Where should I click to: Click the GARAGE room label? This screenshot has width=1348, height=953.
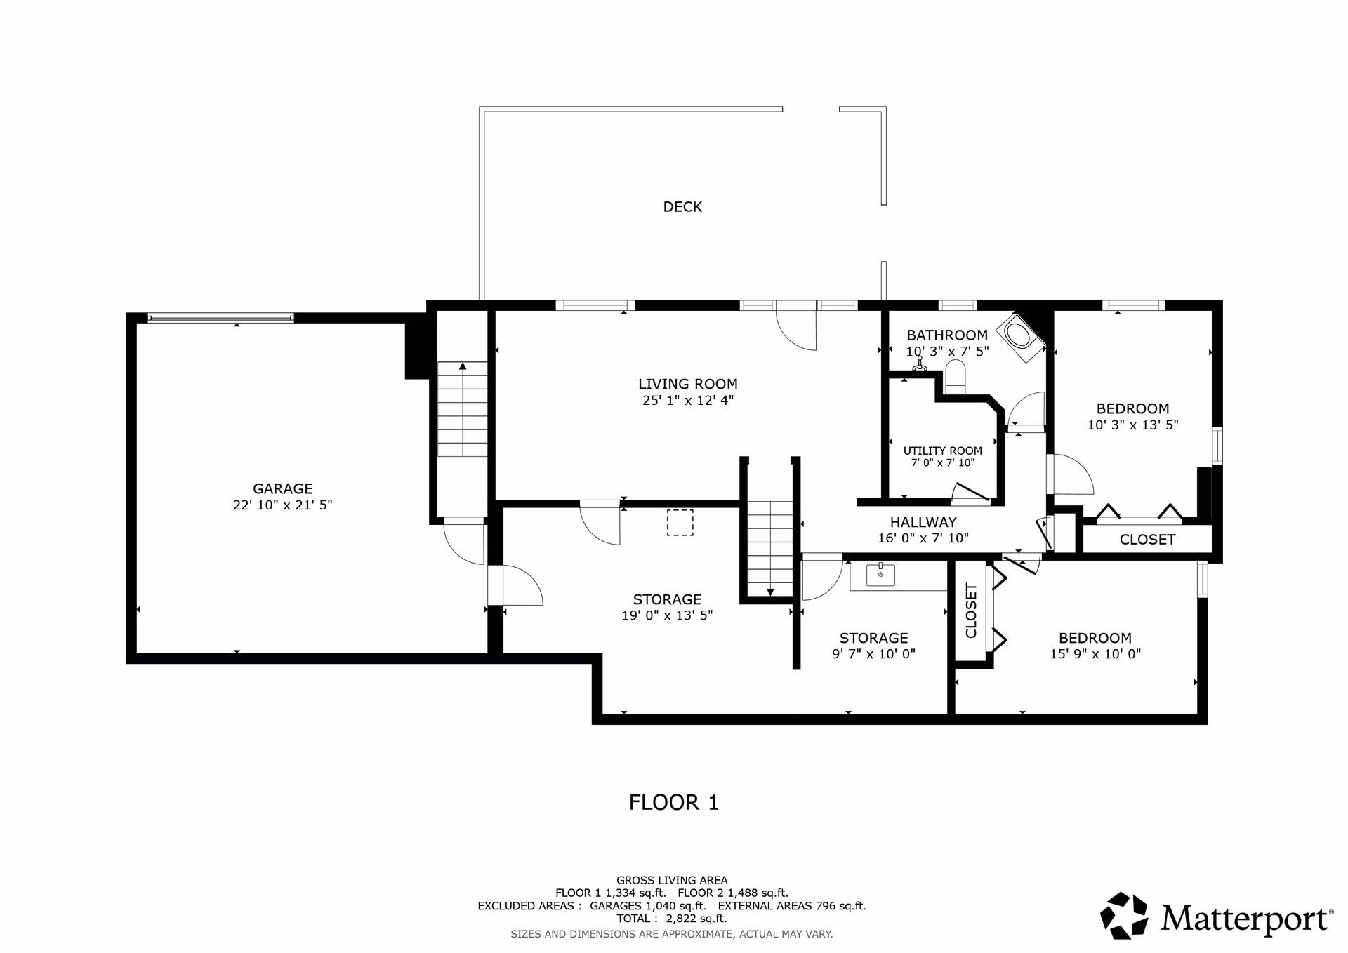(x=283, y=488)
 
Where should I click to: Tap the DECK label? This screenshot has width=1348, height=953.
(x=682, y=206)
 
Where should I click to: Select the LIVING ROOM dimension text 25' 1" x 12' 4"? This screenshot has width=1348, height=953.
(x=688, y=401)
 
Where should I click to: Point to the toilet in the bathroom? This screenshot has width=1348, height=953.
(x=956, y=378)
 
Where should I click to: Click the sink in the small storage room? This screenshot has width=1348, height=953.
(x=880, y=575)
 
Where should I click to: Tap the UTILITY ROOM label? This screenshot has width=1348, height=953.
(x=943, y=451)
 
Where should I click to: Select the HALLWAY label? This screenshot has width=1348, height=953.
(x=923, y=522)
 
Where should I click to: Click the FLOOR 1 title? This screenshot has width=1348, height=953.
(x=674, y=802)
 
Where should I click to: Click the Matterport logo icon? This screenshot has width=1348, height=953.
(x=1124, y=915)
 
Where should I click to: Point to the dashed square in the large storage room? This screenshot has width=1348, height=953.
(x=680, y=523)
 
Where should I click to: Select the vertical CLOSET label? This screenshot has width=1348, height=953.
(x=972, y=611)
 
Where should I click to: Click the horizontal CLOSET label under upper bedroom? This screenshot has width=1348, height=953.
(x=1147, y=540)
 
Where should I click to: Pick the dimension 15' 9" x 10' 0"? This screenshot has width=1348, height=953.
(x=1095, y=654)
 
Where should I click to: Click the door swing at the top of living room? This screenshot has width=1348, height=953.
(x=796, y=330)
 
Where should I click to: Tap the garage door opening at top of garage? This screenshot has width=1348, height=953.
(x=220, y=318)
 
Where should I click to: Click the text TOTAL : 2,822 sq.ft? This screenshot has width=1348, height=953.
(x=672, y=919)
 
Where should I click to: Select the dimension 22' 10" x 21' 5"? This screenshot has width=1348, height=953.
(x=283, y=505)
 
